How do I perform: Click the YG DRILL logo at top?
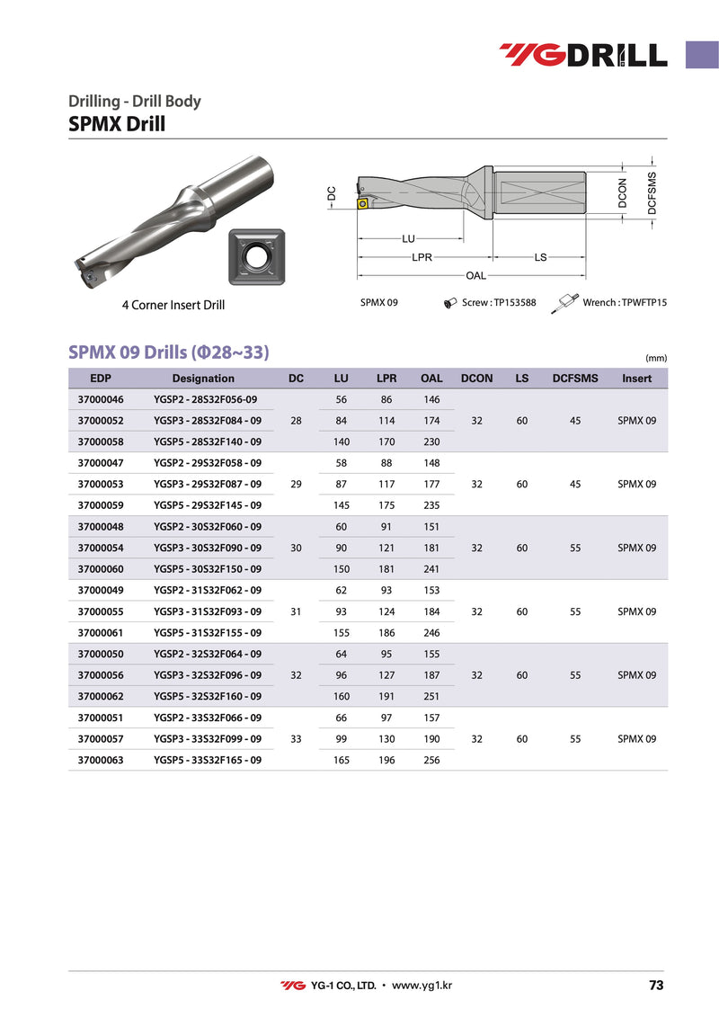point(583,55)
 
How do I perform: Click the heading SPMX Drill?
point(117,124)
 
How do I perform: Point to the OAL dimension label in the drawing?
point(475,275)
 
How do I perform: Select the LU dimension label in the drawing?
point(408,239)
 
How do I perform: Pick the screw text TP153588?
point(499,303)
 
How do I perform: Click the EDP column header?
point(101,379)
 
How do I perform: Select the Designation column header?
point(203,379)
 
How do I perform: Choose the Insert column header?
point(636,379)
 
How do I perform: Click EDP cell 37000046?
point(102,398)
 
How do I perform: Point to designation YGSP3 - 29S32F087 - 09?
point(208,484)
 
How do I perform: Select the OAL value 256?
point(431,760)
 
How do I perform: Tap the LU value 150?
point(342,568)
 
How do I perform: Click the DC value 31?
point(297,611)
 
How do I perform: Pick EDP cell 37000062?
point(102,696)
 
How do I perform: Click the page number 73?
point(655,986)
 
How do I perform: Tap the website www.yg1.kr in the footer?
point(422,986)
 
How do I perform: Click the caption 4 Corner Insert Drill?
point(173,305)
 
